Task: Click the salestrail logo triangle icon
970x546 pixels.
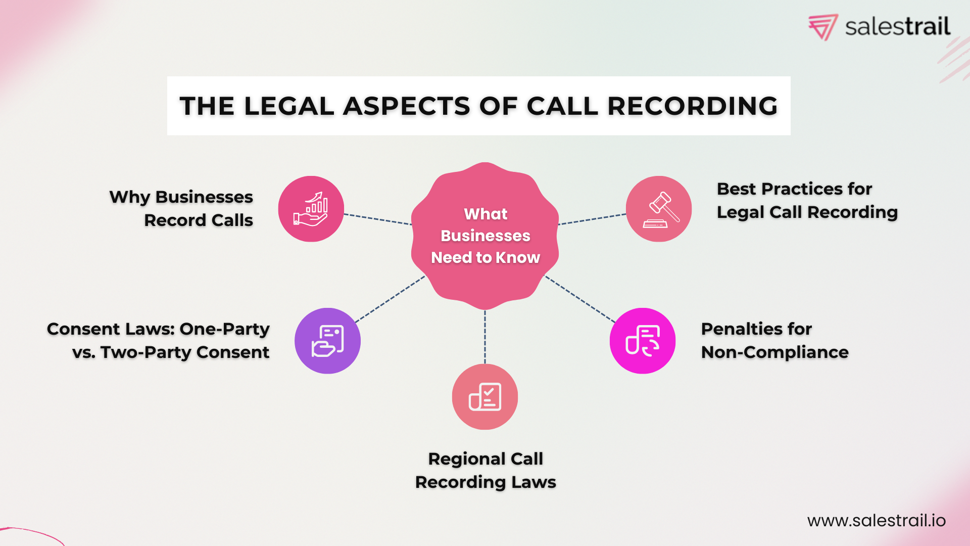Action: [823, 27]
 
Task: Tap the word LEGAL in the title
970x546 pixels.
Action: [289, 106]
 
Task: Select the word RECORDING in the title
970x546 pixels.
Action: [692, 106]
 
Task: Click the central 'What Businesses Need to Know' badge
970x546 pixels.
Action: [485, 236]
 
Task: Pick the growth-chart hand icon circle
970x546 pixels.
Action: [311, 209]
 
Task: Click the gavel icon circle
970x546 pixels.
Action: [659, 209]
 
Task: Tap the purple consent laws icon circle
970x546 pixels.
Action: [327, 341]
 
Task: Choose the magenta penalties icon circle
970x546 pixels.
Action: [643, 341]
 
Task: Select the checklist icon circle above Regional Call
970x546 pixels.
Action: [485, 397]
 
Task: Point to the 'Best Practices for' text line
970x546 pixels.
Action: [794, 189]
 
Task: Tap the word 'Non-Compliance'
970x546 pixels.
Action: [774, 352]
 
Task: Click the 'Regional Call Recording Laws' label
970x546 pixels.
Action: [486, 470]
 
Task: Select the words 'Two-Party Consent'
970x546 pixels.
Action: [185, 352]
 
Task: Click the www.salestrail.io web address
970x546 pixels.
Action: [876, 520]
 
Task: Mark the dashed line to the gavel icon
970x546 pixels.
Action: [592, 219]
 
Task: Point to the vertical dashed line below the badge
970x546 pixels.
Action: [485, 337]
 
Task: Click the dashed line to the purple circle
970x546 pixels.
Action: [390, 299]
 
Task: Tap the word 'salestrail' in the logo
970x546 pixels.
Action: [897, 27]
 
